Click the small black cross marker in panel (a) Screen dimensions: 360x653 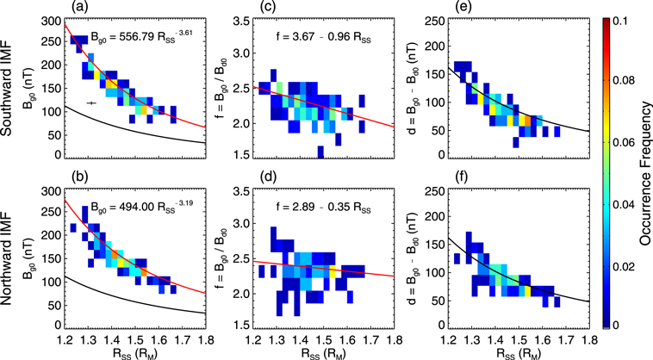pyautogui.click(x=91, y=103)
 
